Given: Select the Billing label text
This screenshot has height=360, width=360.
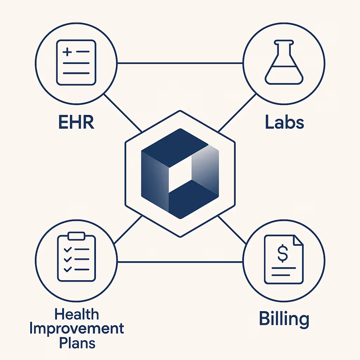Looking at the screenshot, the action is point(284,319).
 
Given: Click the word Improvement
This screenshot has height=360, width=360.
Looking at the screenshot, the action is point(77,329).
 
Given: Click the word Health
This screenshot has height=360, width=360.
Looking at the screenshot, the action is point(77,314).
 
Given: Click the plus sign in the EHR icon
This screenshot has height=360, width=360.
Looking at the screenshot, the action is point(67,52).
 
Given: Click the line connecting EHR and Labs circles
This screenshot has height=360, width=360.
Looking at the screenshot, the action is point(180,63).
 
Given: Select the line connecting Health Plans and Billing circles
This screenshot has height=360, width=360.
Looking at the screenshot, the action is point(180,262).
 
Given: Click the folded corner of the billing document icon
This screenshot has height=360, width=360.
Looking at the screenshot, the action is point(298,240).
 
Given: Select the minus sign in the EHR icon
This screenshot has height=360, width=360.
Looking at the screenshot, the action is point(83,52).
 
